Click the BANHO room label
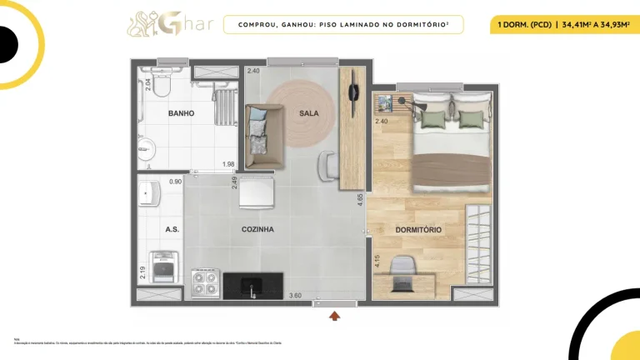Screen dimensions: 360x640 pyautogui.click(x=181, y=113)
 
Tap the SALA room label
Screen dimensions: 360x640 pyautogui.click(x=310, y=113)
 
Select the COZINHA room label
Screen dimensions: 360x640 pyautogui.click(x=258, y=229)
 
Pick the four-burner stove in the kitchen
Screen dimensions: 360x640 pyautogui.click(x=205, y=284)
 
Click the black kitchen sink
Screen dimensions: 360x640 pyautogui.click(x=251, y=288)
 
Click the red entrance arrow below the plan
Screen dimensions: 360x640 pyautogui.click(x=335, y=315)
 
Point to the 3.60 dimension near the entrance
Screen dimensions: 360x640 pyautogui.click(x=295, y=296)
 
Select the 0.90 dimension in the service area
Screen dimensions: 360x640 pyautogui.click(x=176, y=182)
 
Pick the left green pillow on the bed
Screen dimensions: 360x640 pyautogui.click(x=431, y=119)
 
